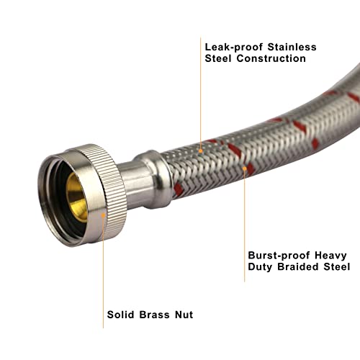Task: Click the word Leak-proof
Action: (x=234, y=47)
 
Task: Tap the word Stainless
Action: (x=292, y=47)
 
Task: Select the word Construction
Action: (x=271, y=58)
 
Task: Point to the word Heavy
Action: (x=330, y=256)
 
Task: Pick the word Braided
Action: (x=298, y=266)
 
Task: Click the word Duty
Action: (x=260, y=267)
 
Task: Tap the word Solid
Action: (x=120, y=315)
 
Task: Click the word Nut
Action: (x=184, y=315)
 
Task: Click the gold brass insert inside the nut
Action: (x=76, y=197)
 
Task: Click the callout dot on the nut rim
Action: (x=103, y=215)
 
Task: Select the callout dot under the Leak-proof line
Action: (x=201, y=151)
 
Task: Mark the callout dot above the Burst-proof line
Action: (x=245, y=168)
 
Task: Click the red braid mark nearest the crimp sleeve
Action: (x=179, y=189)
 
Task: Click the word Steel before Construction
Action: (x=218, y=58)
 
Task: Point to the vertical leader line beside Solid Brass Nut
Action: (x=103, y=271)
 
